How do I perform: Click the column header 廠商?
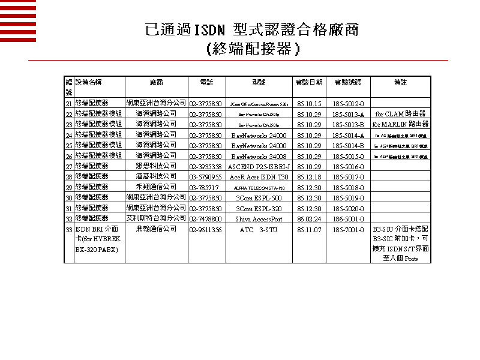[157, 82]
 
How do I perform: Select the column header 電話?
[205, 82]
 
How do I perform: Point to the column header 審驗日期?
[309, 82]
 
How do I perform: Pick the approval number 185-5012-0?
[348, 104]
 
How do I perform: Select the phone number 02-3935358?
[205, 166]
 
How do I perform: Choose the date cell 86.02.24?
[309, 219]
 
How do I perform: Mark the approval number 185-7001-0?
[348, 230]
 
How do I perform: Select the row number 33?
[69, 230]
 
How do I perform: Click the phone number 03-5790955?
[205, 177]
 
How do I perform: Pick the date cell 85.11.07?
[309, 230]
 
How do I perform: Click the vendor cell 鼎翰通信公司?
[157, 229]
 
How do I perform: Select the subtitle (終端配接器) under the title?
[252, 49]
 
